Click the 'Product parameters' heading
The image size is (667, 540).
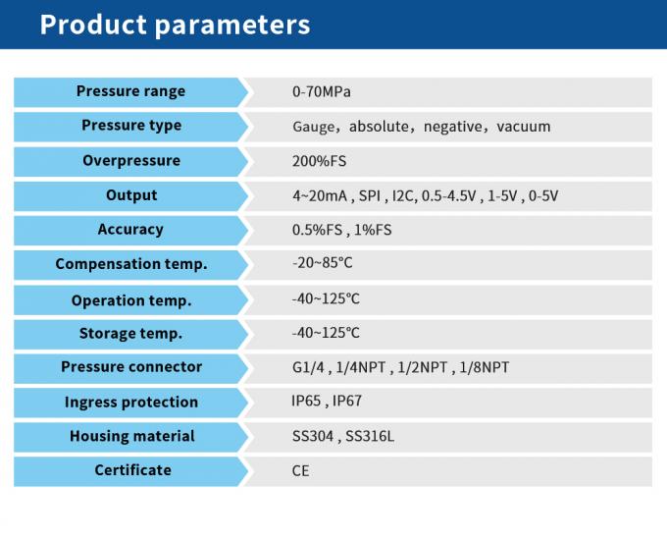175,25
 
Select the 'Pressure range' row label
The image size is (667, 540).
130,91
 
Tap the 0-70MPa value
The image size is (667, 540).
321,92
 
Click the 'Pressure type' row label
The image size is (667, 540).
130,126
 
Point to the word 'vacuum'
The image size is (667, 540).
524,127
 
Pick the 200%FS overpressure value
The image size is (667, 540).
319,161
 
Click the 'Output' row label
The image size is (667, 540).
130,195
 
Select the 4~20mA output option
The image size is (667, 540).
320,195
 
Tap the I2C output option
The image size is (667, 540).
402,195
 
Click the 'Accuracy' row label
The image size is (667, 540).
130,230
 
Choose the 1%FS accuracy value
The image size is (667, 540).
368,230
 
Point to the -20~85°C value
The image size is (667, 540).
322,264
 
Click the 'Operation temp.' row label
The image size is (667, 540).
130,300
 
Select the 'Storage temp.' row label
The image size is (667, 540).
130,334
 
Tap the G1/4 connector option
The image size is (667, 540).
307,367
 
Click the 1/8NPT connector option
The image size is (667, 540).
484,367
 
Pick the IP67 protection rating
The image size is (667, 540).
347,402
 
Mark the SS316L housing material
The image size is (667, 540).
373,436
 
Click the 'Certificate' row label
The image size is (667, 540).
132,470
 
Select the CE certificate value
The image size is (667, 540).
300,471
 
